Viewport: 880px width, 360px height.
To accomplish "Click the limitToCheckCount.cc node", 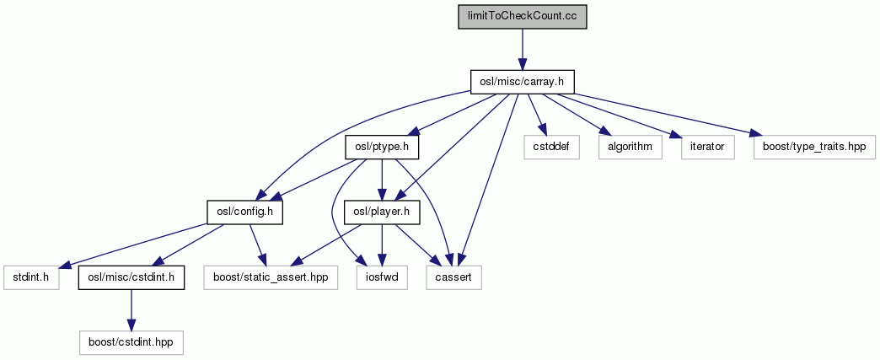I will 522,18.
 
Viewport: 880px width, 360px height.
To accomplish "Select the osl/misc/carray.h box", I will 522,81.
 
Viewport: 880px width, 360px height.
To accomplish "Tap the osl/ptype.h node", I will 383,147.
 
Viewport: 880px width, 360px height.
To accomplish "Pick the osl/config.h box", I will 244,212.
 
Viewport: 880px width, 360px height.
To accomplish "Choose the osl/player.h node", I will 383,212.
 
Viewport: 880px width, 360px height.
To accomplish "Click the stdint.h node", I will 30,277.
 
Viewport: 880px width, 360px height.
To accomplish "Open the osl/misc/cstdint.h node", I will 131,277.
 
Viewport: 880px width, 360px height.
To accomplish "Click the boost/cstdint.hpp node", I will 131,341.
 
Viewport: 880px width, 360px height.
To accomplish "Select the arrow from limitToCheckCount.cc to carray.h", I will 522,49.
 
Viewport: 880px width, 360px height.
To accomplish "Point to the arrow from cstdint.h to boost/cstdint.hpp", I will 131,309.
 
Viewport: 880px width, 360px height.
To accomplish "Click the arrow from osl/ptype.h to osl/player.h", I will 383,179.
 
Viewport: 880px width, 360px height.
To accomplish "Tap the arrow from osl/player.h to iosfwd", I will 383,244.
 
